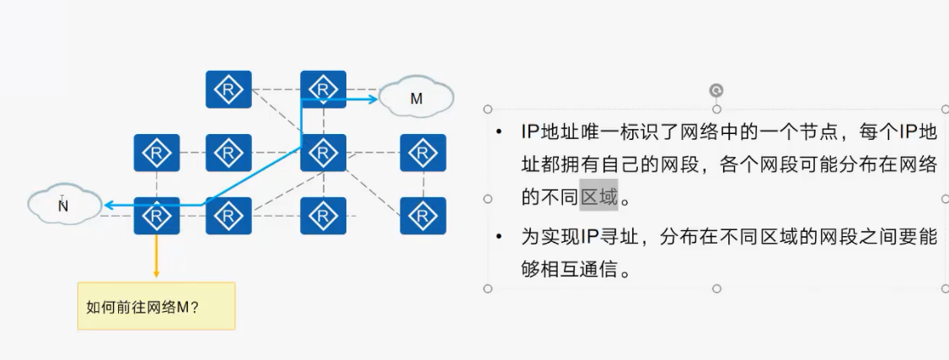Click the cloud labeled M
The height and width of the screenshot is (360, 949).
click(416, 98)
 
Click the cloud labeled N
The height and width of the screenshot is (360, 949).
click(63, 205)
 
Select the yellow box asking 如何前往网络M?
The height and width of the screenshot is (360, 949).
click(156, 305)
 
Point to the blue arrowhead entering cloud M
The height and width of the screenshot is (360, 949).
click(373, 99)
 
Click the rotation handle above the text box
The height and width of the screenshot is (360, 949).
click(716, 90)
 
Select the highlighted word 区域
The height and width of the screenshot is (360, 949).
click(598, 199)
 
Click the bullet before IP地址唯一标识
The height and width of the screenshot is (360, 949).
click(500, 133)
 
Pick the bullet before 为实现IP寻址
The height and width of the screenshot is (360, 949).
click(500, 238)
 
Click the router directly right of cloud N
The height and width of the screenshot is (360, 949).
click(157, 216)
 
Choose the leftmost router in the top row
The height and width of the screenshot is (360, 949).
click(228, 89)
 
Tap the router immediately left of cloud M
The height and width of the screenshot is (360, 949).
click(323, 89)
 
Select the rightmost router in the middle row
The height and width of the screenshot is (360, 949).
click(422, 153)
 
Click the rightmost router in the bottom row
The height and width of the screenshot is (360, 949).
click(422, 216)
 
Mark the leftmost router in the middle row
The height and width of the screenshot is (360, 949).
click(157, 153)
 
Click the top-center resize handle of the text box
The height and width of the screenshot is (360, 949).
click(716, 110)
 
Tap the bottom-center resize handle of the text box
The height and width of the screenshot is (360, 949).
click(716, 288)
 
